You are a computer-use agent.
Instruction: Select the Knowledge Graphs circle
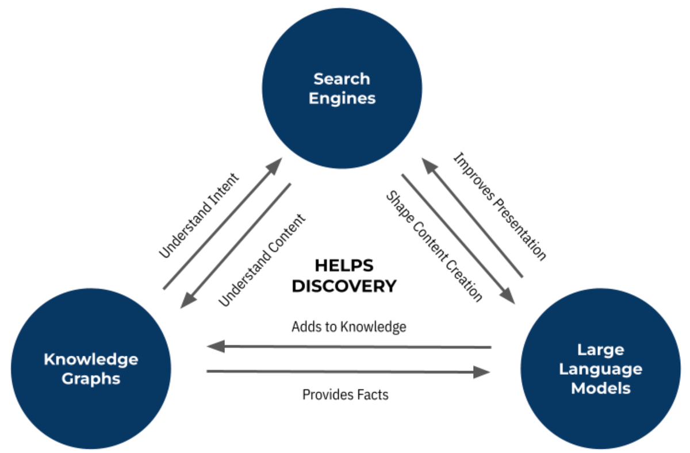click(x=91, y=368)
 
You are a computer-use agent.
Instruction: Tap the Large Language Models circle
click(x=600, y=368)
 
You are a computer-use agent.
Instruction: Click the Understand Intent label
click(x=198, y=215)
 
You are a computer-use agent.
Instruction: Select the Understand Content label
click(x=262, y=260)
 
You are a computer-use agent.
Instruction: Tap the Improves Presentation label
click(x=499, y=206)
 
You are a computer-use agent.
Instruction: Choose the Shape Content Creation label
click(x=434, y=247)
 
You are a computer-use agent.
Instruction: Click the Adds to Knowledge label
click(x=348, y=327)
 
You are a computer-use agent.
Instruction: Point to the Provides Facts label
click(x=345, y=395)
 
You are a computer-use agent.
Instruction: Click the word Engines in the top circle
click(x=342, y=98)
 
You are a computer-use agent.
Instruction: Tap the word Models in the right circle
click(x=600, y=388)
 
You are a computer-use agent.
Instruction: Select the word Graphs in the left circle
click(x=91, y=379)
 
